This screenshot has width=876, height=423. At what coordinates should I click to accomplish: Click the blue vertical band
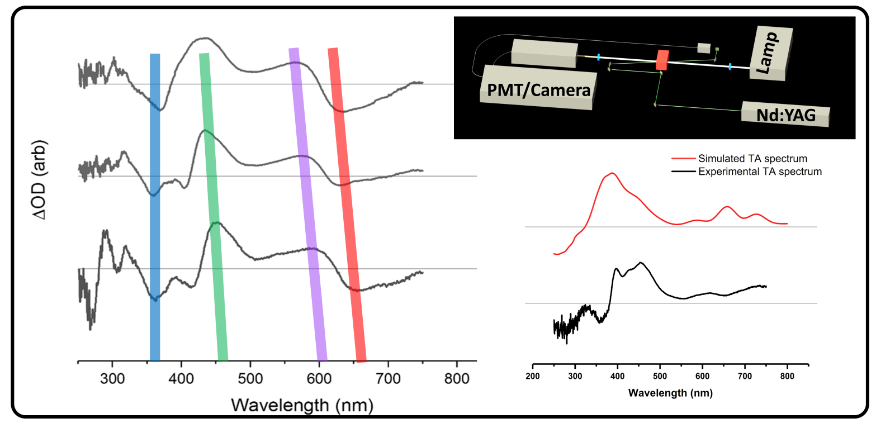[x=155, y=207]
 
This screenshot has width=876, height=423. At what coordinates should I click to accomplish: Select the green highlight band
[x=213, y=207]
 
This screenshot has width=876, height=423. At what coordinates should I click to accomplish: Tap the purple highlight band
[x=307, y=207]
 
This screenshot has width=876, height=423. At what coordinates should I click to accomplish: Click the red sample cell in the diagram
[x=662, y=60]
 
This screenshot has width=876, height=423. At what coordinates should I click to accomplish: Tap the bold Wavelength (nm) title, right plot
[x=670, y=392]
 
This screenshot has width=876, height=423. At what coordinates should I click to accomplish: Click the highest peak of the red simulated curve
[x=612, y=174]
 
